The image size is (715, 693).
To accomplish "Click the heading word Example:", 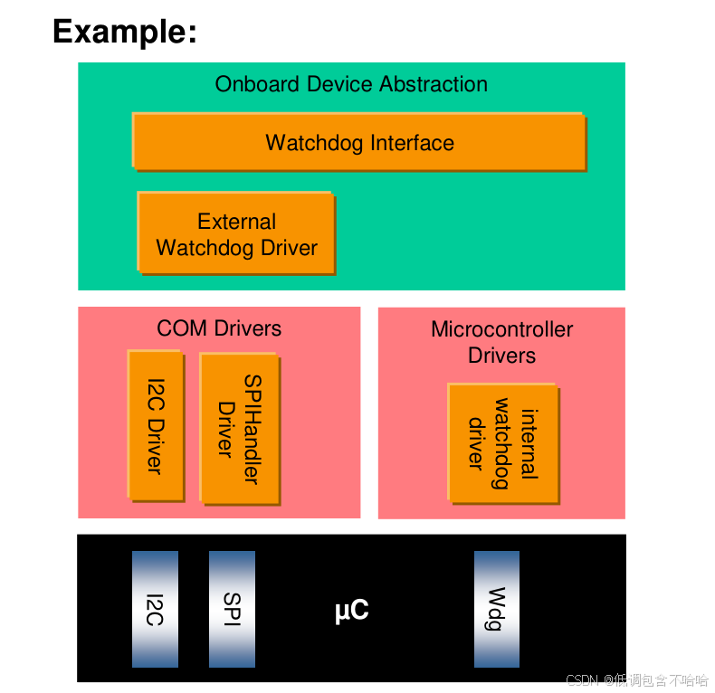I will tap(125, 32).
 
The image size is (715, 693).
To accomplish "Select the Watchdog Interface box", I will tap(359, 142).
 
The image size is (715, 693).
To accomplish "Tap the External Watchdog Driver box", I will tap(236, 233).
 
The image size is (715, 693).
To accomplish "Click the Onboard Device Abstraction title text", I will tap(351, 84).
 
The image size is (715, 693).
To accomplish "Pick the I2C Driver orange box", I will tap(156, 425).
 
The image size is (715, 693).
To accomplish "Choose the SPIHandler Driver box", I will tap(238, 428).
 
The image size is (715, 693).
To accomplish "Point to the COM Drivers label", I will tap(219, 328).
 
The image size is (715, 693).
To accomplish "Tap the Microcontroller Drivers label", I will tap(501, 342).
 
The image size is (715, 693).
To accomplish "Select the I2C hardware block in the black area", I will tap(155, 609).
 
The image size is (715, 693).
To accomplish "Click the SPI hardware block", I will tap(232, 609).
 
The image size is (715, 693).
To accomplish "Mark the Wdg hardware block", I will tap(497, 609).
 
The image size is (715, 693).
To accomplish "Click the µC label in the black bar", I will tap(351, 612).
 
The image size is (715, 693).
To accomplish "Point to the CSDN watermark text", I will tap(636, 680).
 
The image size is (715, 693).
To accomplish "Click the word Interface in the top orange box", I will tap(412, 143).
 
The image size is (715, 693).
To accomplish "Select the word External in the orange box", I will tap(236, 222).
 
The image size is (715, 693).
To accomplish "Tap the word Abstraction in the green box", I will tap(434, 84).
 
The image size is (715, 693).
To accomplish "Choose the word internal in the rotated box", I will tap(529, 443).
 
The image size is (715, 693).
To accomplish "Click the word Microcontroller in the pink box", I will tap(501, 329).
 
